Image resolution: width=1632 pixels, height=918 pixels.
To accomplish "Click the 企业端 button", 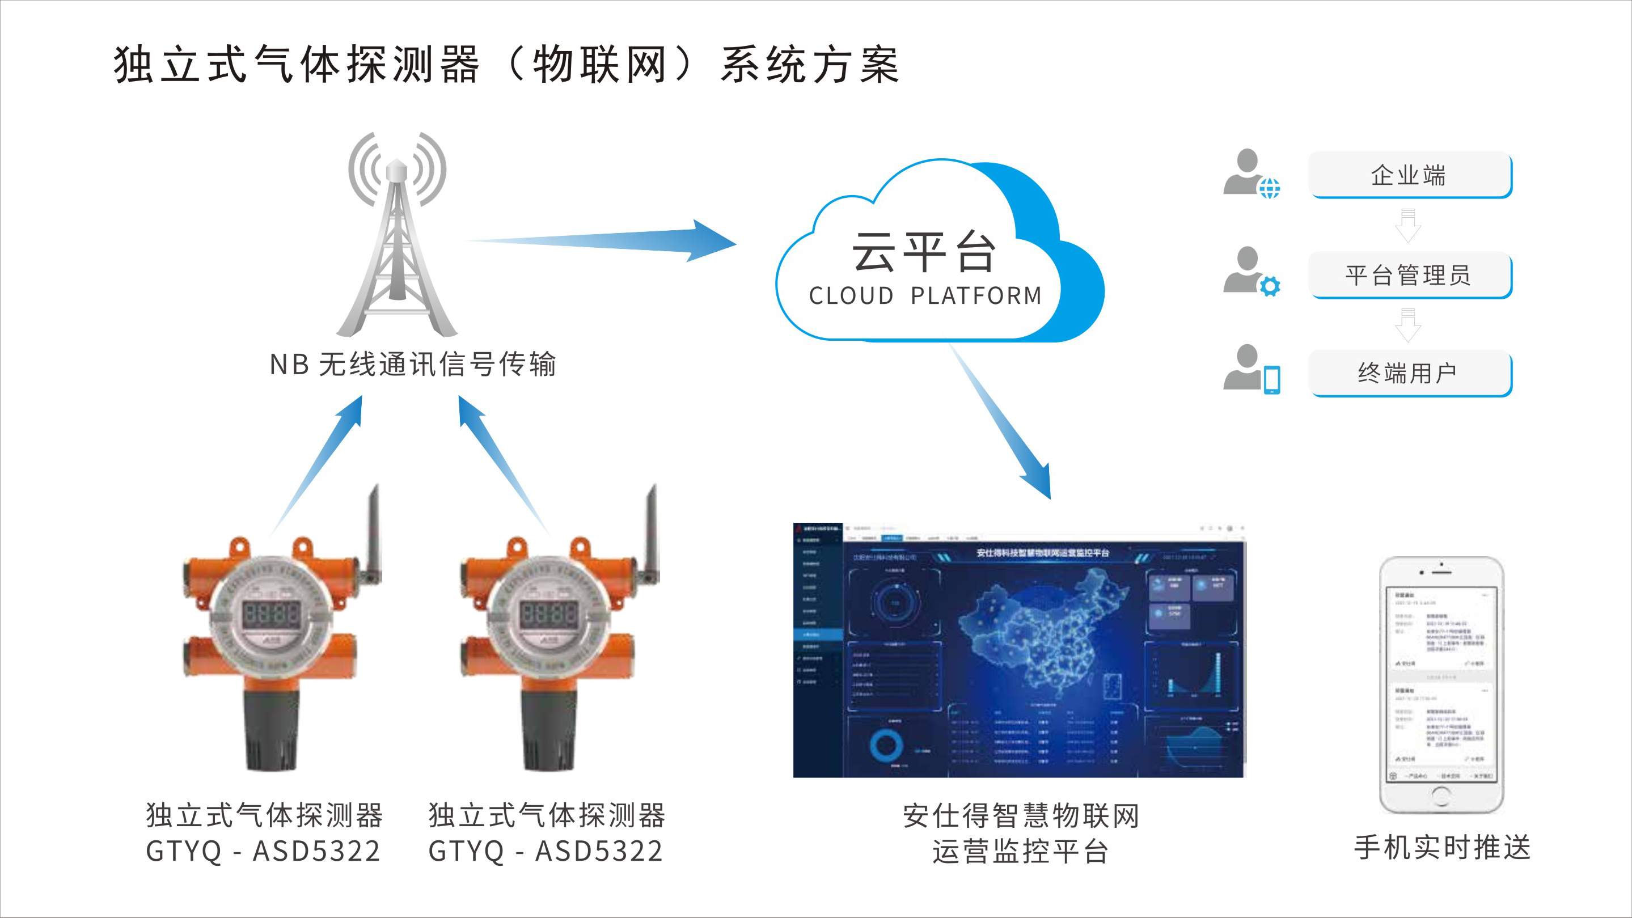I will click(1410, 175).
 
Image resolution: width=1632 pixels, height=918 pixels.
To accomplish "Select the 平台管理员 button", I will click(1410, 275).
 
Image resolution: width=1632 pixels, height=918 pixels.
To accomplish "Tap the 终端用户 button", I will click(1410, 373).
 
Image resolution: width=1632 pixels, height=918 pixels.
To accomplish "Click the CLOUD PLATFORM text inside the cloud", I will click(925, 296).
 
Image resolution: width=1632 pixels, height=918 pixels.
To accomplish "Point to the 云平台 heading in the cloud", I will click(924, 252).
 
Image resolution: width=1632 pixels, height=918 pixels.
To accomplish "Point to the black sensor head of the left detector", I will click(271, 729).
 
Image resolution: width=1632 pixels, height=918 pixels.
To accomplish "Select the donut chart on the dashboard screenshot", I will click(886, 744).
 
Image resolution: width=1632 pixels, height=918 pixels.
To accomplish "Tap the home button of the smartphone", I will click(1441, 796).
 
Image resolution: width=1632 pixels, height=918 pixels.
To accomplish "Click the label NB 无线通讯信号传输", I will click(412, 364).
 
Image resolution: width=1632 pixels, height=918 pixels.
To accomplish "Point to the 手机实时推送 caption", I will click(1442, 848).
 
